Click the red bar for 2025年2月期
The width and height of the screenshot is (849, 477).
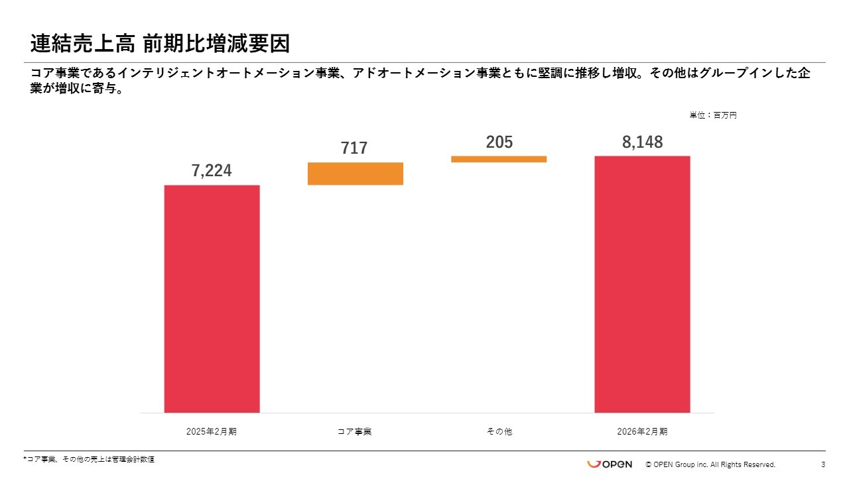pyautogui.click(x=212, y=298)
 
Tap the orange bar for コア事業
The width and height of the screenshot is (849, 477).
pyautogui.click(x=356, y=174)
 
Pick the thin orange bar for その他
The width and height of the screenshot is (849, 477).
pyautogui.click(x=499, y=159)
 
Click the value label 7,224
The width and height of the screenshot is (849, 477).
pyautogui.click(x=212, y=171)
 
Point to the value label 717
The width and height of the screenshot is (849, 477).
pyautogui.click(x=354, y=148)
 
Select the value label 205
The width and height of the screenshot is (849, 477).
pyautogui.click(x=499, y=142)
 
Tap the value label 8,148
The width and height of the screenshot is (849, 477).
pyautogui.click(x=641, y=142)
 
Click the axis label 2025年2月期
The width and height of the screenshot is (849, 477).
pyautogui.click(x=212, y=431)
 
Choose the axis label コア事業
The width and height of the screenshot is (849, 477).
pyautogui.click(x=354, y=431)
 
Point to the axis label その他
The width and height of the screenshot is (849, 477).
pyautogui.click(x=499, y=431)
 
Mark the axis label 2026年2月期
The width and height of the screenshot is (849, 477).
pyautogui.click(x=642, y=431)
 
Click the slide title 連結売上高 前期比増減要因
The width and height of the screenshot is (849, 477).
pyautogui.click(x=160, y=44)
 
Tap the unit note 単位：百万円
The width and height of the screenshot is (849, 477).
pyautogui.click(x=713, y=115)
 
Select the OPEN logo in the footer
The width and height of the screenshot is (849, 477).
pyautogui.click(x=609, y=464)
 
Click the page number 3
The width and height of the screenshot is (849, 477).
pyautogui.click(x=823, y=464)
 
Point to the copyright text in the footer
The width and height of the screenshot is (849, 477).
pyautogui.click(x=710, y=464)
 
